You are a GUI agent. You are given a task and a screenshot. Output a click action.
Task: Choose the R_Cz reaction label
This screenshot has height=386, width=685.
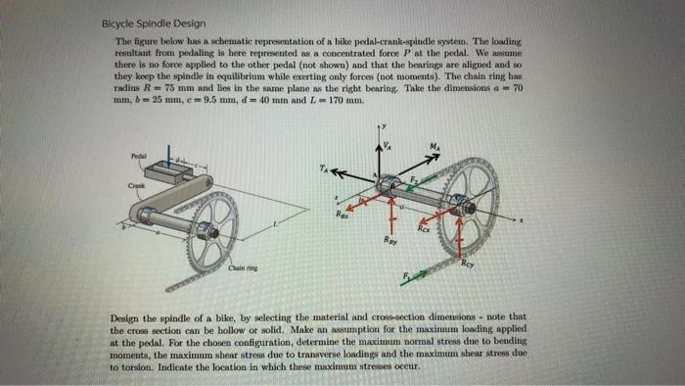(x=424, y=230)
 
